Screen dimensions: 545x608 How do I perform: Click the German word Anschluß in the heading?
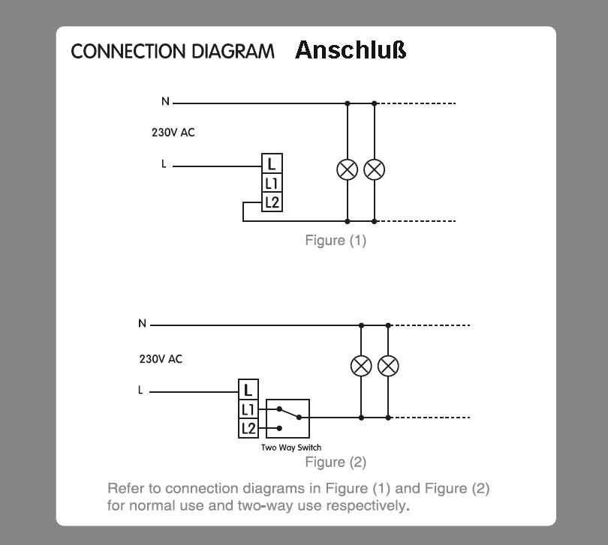coord(351,50)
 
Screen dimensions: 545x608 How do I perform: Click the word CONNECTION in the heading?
coord(116,52)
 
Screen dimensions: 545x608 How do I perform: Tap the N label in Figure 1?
coord(165,102)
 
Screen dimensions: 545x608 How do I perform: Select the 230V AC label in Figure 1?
coord(173,133)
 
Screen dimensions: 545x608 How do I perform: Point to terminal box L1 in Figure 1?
coord(272,183)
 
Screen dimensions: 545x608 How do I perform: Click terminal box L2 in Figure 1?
coord(272,202)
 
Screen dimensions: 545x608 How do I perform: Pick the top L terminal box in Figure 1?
coord(272,164)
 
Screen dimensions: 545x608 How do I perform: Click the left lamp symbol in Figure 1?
coord(347,169)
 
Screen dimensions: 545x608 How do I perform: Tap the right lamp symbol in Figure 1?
coord(374,169)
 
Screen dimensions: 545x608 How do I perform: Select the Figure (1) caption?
coord(336,241)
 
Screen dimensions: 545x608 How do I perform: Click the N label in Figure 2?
coord(142,324)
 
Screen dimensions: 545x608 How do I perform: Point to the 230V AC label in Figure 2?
coord(161,359)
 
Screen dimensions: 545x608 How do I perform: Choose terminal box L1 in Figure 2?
coord(249,409)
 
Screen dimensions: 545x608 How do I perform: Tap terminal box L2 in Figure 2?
coord(249,428)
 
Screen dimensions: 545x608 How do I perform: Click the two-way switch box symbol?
coord(288,418)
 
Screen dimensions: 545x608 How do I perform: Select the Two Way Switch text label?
coord(291,448)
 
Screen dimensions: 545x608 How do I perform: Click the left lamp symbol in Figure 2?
coord(361,367)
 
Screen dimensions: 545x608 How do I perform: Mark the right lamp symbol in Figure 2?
coord(388,367)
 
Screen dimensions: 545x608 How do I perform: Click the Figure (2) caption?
coord(336,462)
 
